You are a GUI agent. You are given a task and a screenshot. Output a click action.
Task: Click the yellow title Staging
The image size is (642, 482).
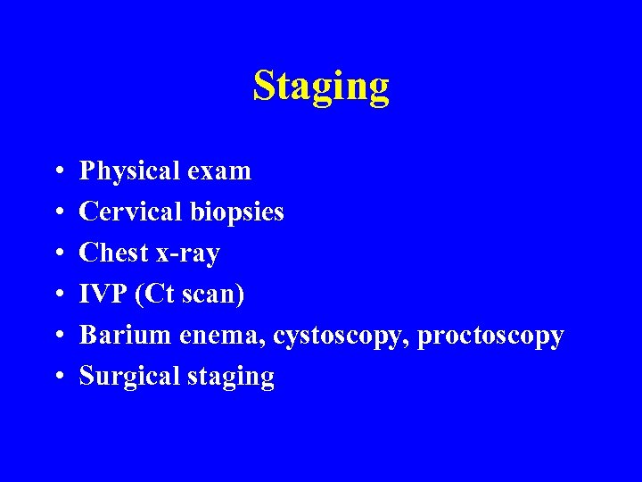(321, 87)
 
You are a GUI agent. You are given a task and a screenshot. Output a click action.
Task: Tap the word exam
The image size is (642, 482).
(221, 170)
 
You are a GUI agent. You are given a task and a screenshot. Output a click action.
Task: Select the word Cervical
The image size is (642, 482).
(131, 212)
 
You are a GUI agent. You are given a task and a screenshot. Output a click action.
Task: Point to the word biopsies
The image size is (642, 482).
(236, 212)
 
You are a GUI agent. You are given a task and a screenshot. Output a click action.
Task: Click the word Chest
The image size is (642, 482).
(114, 253)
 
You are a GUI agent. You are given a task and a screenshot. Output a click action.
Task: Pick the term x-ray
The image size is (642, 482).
(187, 253)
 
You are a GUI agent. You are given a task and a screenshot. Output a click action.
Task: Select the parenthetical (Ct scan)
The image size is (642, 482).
(189, 295)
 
